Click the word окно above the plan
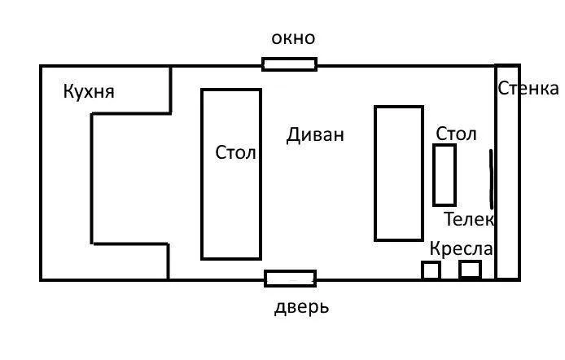pos(293,38)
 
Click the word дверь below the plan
pos(301,307)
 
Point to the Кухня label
pos(89,91)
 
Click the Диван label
pos(315,135)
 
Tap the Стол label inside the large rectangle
pos(235,152)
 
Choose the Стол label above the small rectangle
pos(456,134)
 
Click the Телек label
pos(468,219)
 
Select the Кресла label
pos(462,248)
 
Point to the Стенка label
pos(528,88)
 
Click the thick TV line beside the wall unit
pos(491,179)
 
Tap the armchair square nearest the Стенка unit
pos(471,262)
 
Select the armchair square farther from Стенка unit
pos(431,263)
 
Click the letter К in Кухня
pos(68,91)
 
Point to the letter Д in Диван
pos(293,136)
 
